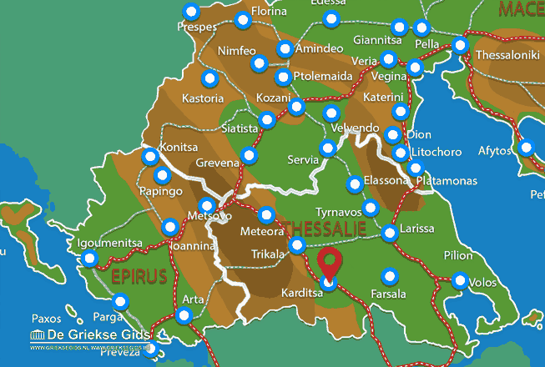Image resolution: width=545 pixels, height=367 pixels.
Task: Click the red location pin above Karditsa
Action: point(331,261)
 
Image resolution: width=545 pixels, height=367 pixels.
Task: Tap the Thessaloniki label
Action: point(507,56)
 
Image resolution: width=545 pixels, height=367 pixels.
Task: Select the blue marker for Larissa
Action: point(390,234)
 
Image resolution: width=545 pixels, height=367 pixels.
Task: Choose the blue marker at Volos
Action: point(460,281)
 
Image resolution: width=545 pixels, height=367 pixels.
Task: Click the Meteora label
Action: point(262,231)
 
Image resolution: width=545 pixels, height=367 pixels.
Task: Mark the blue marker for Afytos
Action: point(526,148)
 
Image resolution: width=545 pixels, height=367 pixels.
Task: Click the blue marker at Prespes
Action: point(192,13)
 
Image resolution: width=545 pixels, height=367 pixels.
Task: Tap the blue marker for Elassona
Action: point(355,183)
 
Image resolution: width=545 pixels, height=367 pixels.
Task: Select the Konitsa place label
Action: point(177,145)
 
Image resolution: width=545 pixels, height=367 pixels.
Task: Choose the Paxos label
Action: point(46,319)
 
